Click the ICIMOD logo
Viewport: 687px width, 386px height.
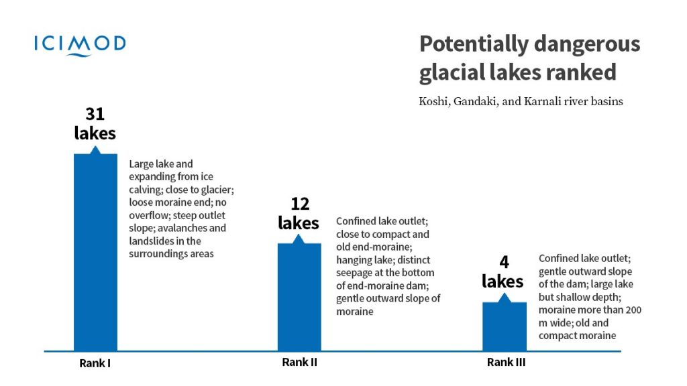coord(80,45)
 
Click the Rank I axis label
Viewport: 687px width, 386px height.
coord(95,364)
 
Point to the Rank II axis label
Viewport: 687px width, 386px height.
coord(299,363)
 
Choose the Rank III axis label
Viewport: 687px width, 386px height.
coord(505,363)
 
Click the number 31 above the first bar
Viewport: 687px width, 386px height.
coord(95,114)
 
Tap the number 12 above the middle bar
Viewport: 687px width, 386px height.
coord(299,204)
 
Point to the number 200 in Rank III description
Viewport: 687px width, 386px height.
coord(632,310)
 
